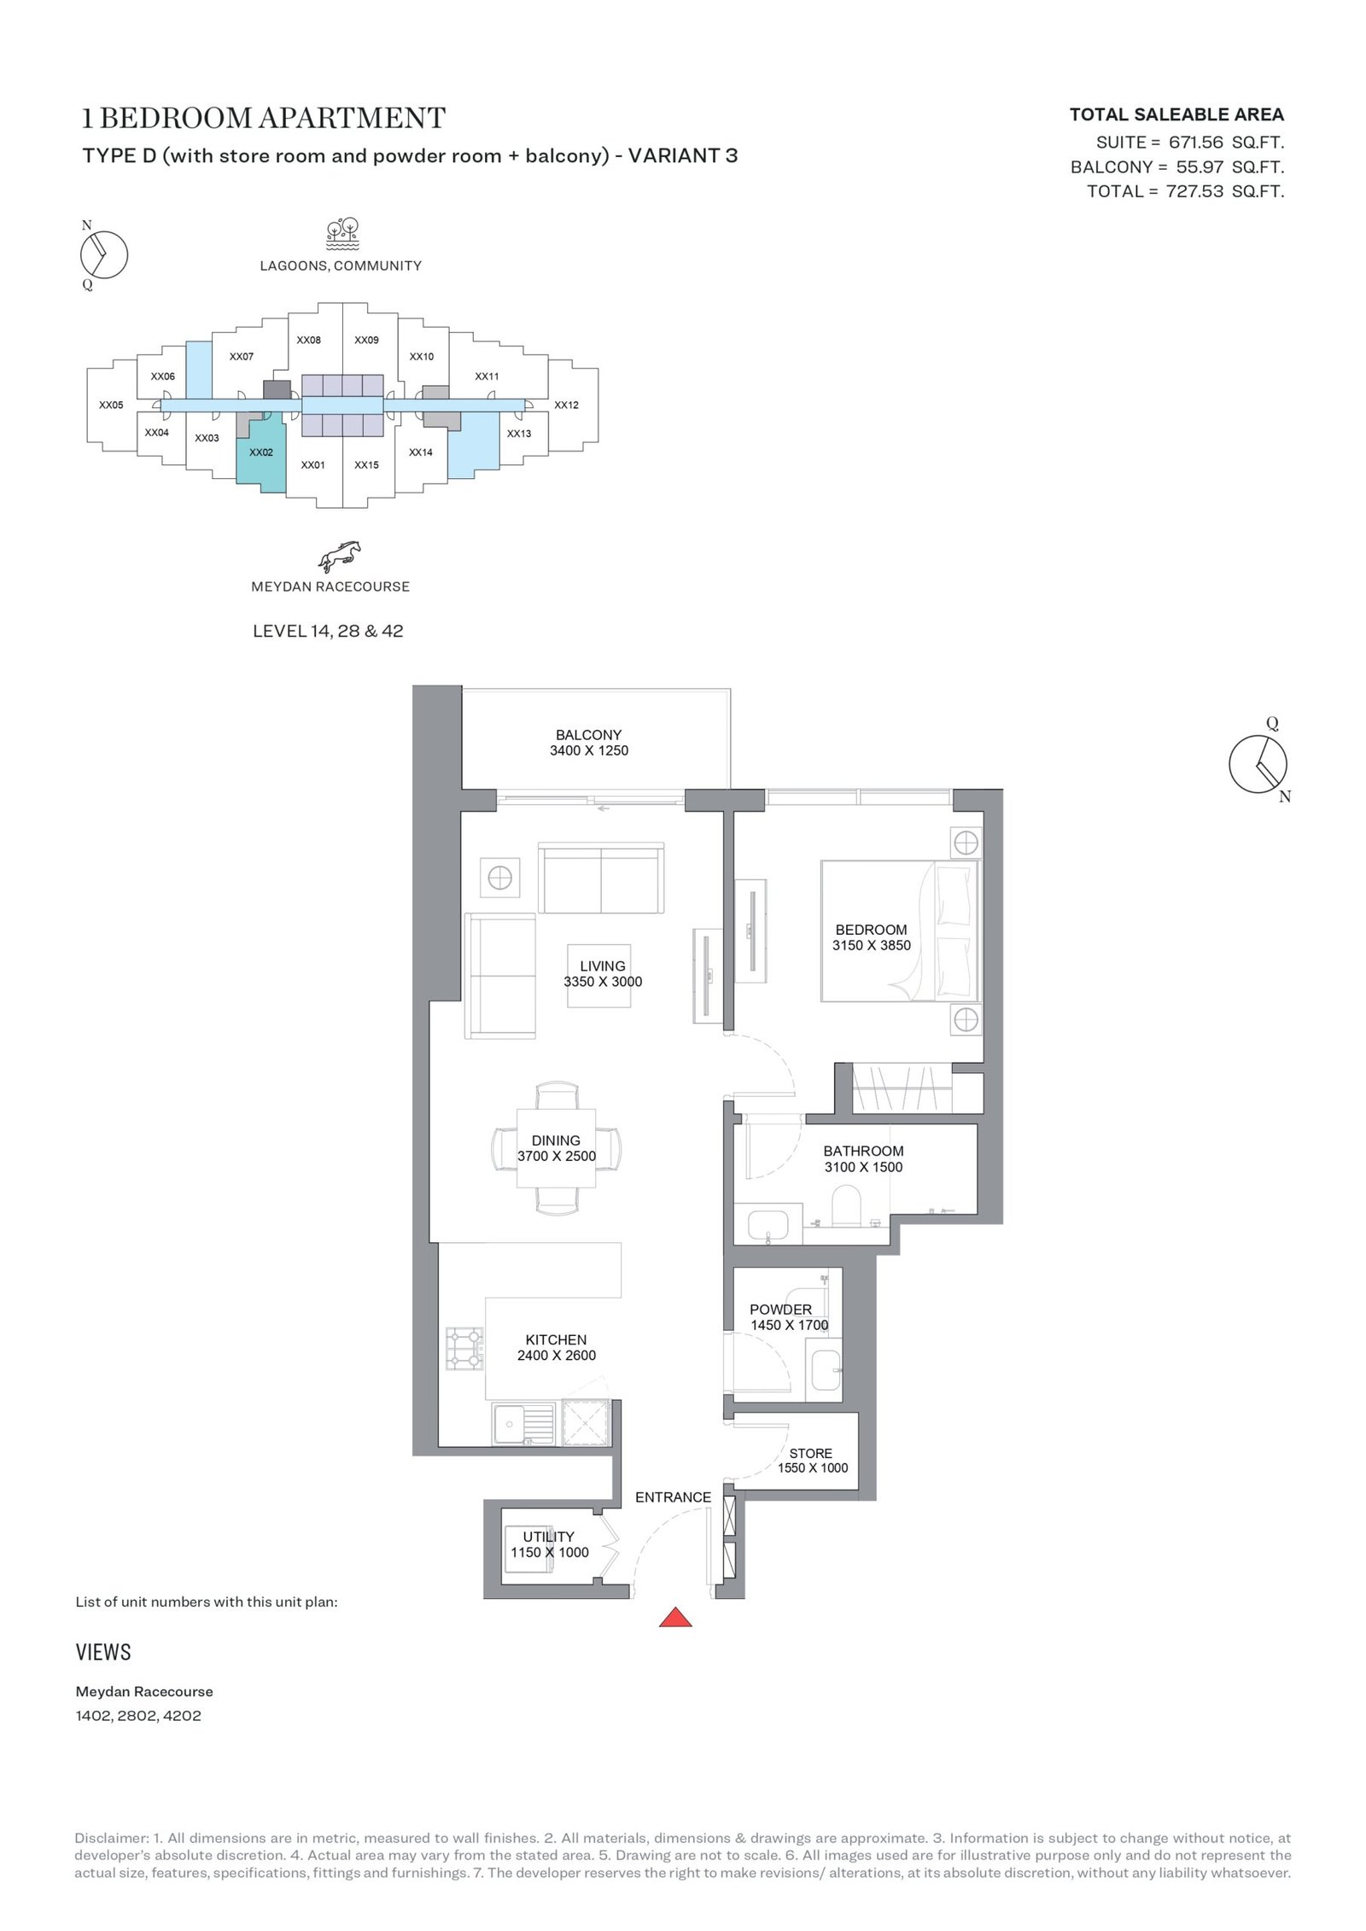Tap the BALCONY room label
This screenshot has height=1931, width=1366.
588,734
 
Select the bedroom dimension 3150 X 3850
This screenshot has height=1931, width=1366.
871,945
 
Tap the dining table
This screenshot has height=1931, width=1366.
556,1148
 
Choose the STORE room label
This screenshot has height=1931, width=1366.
810,1453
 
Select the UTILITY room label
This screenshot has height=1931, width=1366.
549,1537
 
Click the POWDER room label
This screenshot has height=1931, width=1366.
780,1309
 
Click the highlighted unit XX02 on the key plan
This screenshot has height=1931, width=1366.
261,452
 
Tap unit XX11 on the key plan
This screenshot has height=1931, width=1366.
487,376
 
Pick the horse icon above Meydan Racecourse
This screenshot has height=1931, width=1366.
340,555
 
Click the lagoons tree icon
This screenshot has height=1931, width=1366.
341,232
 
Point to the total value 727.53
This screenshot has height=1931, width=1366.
1194,191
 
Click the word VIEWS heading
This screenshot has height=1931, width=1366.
103,1652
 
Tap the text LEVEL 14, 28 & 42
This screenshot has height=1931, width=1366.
328,631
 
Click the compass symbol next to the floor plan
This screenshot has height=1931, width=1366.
1258,762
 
